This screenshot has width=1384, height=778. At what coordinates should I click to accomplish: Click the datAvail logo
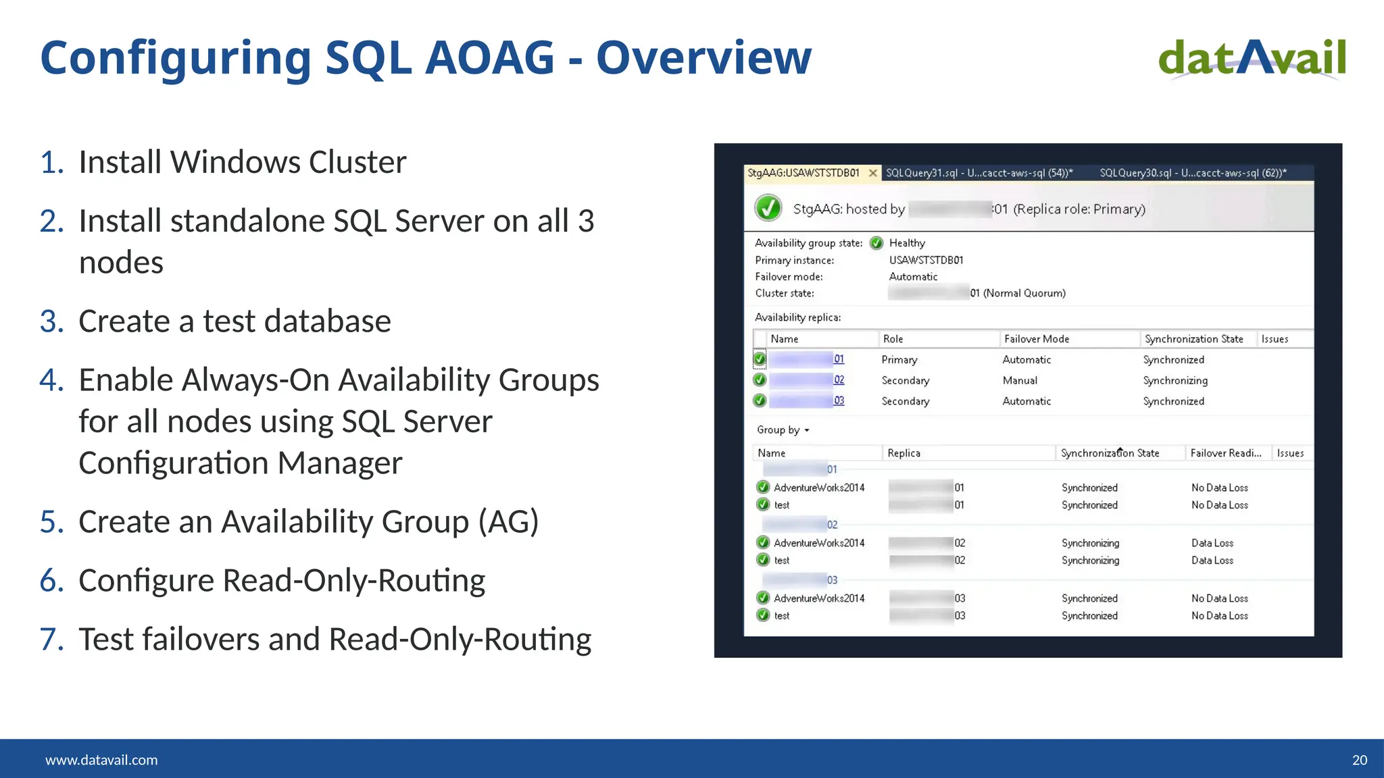(x=1252, y=58)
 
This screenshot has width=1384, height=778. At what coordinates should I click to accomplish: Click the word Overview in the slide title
(x=703, y=58)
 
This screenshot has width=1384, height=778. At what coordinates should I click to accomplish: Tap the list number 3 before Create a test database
(x=51, y=321)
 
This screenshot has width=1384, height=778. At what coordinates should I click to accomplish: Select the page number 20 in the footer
(x=1359, y=760)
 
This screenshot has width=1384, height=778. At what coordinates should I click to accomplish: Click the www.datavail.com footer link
(x=101, y=760)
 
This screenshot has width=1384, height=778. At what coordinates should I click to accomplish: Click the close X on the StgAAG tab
(x=872, y=173)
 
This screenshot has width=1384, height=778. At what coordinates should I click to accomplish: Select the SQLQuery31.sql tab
(x=979, y=173)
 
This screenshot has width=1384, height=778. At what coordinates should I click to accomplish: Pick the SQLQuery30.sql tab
(x=1193, y=173)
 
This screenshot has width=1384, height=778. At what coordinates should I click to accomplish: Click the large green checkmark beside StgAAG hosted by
(x=768, y=208)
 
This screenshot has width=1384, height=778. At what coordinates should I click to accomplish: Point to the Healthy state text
(x=907, y=243)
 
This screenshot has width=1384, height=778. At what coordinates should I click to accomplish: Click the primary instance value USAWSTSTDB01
(x=926, y=260)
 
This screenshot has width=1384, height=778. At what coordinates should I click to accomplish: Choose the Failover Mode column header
(x=1037, y=339)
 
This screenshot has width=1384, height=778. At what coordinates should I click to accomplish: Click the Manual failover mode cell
(x=1020, y=381)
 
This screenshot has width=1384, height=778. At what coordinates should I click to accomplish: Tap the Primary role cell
(x=899, y=360)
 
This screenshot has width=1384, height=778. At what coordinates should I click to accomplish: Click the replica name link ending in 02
(x=839, y=380)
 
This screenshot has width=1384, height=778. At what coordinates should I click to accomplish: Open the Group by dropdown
(x=783, y=430)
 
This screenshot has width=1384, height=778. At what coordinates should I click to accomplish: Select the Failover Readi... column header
(x=1226, y=453)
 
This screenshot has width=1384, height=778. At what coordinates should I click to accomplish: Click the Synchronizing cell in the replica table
(x=1175, y=381)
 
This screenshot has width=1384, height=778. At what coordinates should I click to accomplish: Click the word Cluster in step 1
(x=357, y=162)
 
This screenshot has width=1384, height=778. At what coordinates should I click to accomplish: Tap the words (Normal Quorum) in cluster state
(x=1024, y=293)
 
